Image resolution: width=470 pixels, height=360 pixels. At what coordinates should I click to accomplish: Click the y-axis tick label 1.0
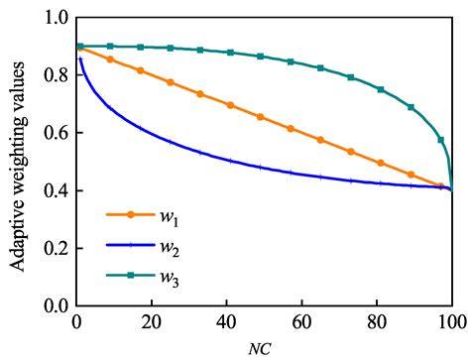[56, 19]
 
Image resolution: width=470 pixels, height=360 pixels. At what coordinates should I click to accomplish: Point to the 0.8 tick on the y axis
[56, 75]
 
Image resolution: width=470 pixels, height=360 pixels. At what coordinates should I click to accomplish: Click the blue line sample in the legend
[130, 246]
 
